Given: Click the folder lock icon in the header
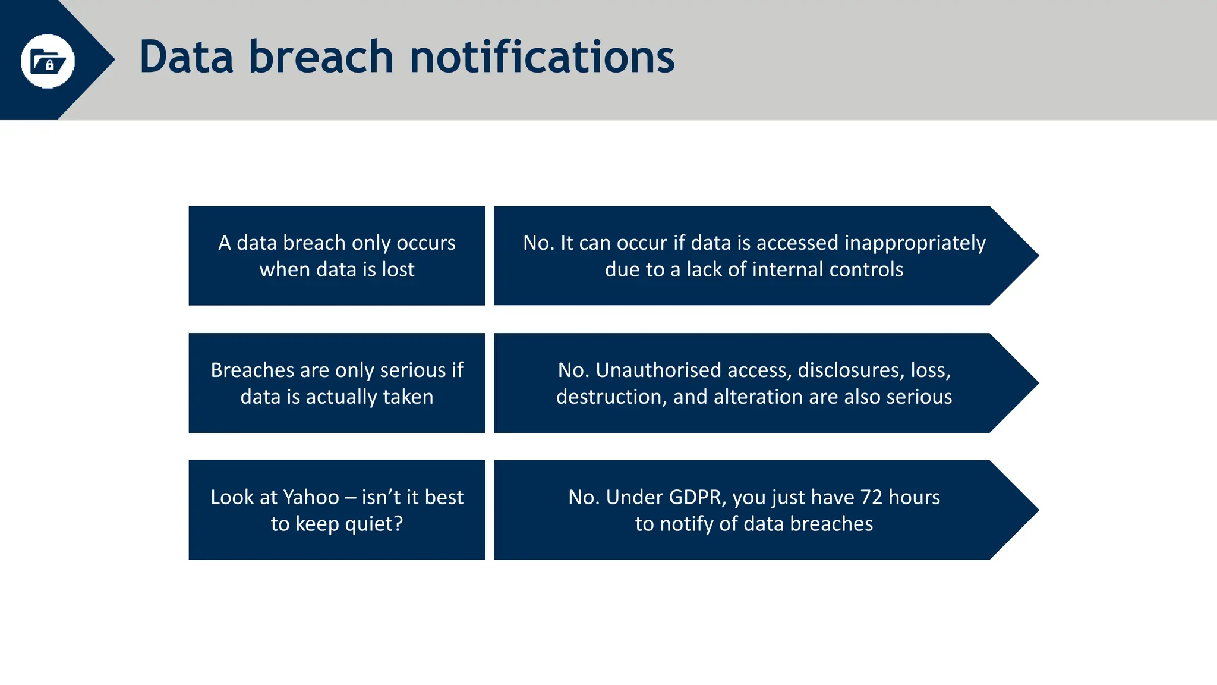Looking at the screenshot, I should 48,61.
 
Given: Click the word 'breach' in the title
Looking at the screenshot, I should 321,57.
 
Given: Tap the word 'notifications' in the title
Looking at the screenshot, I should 542,57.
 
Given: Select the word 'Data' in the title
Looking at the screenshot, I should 186,57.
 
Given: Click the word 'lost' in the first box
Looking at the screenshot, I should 398,270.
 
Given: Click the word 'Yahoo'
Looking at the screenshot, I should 311,497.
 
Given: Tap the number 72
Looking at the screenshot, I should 871,497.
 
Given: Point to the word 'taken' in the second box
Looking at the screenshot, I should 408,397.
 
